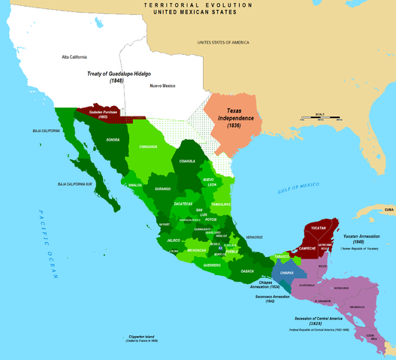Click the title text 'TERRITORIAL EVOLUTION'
[198, 5]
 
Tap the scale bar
[316, 118]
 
